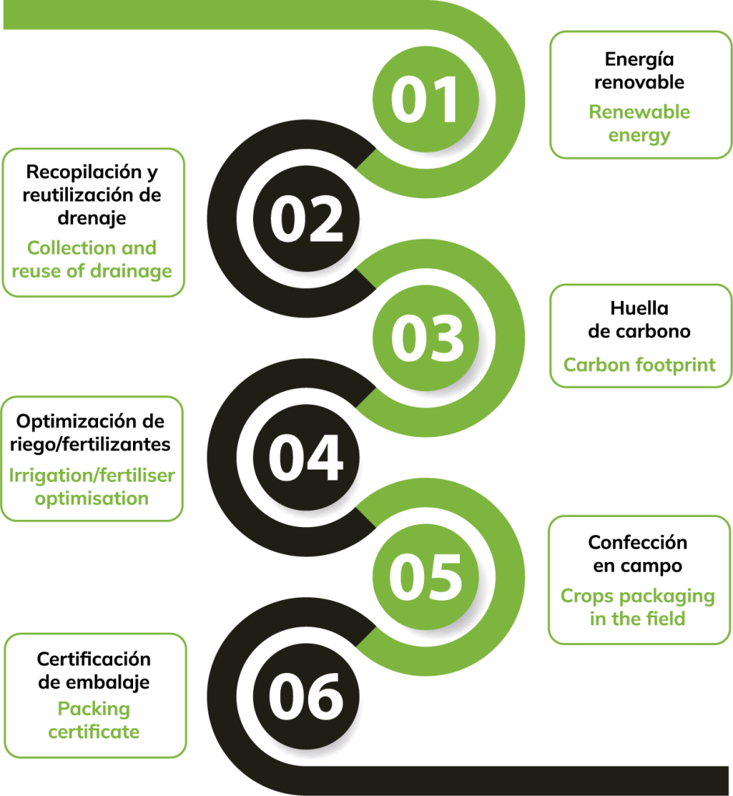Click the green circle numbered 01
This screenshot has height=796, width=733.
click(x=426, y=99)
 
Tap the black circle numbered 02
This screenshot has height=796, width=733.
click(x=306, y=218)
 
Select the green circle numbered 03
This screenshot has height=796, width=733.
click(x=426, y=338)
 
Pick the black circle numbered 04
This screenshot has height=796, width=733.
click(x=306, y=457)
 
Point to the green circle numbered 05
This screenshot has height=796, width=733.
click(x=426, y=578)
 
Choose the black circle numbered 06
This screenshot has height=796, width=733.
click(x=306, y=696)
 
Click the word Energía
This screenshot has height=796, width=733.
click(x=640, y=60)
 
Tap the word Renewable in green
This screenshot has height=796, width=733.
click(x=640, y=112)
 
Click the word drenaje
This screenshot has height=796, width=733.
click(x=92, y=218)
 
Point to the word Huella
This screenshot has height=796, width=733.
click(x=640, y=308)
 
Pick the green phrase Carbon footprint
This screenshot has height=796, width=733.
click(x=640, y=365)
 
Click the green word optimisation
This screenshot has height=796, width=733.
click(x=92, y=498)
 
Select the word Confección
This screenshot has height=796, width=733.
click(x=638, y=543)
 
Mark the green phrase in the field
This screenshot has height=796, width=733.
click(x=638, y=619)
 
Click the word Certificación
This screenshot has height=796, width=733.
click(x=94, y=659)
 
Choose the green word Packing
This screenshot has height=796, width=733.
click(x=94, y=709)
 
